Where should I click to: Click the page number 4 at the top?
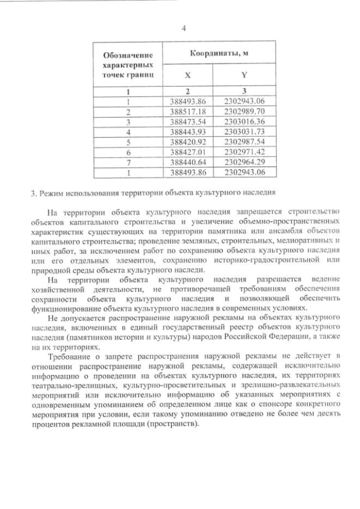click(x=183, y=28)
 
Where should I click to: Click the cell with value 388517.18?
click(x=188, y=111)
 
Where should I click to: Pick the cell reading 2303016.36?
click(x=244, y=121)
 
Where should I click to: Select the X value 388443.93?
click(x=188, y=131)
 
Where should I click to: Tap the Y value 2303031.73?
click(x=244, y=131)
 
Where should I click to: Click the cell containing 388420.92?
click(x=188, y=141)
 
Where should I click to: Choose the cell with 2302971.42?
click(x=244, y=151)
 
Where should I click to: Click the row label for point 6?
click(x=129, y=151)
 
